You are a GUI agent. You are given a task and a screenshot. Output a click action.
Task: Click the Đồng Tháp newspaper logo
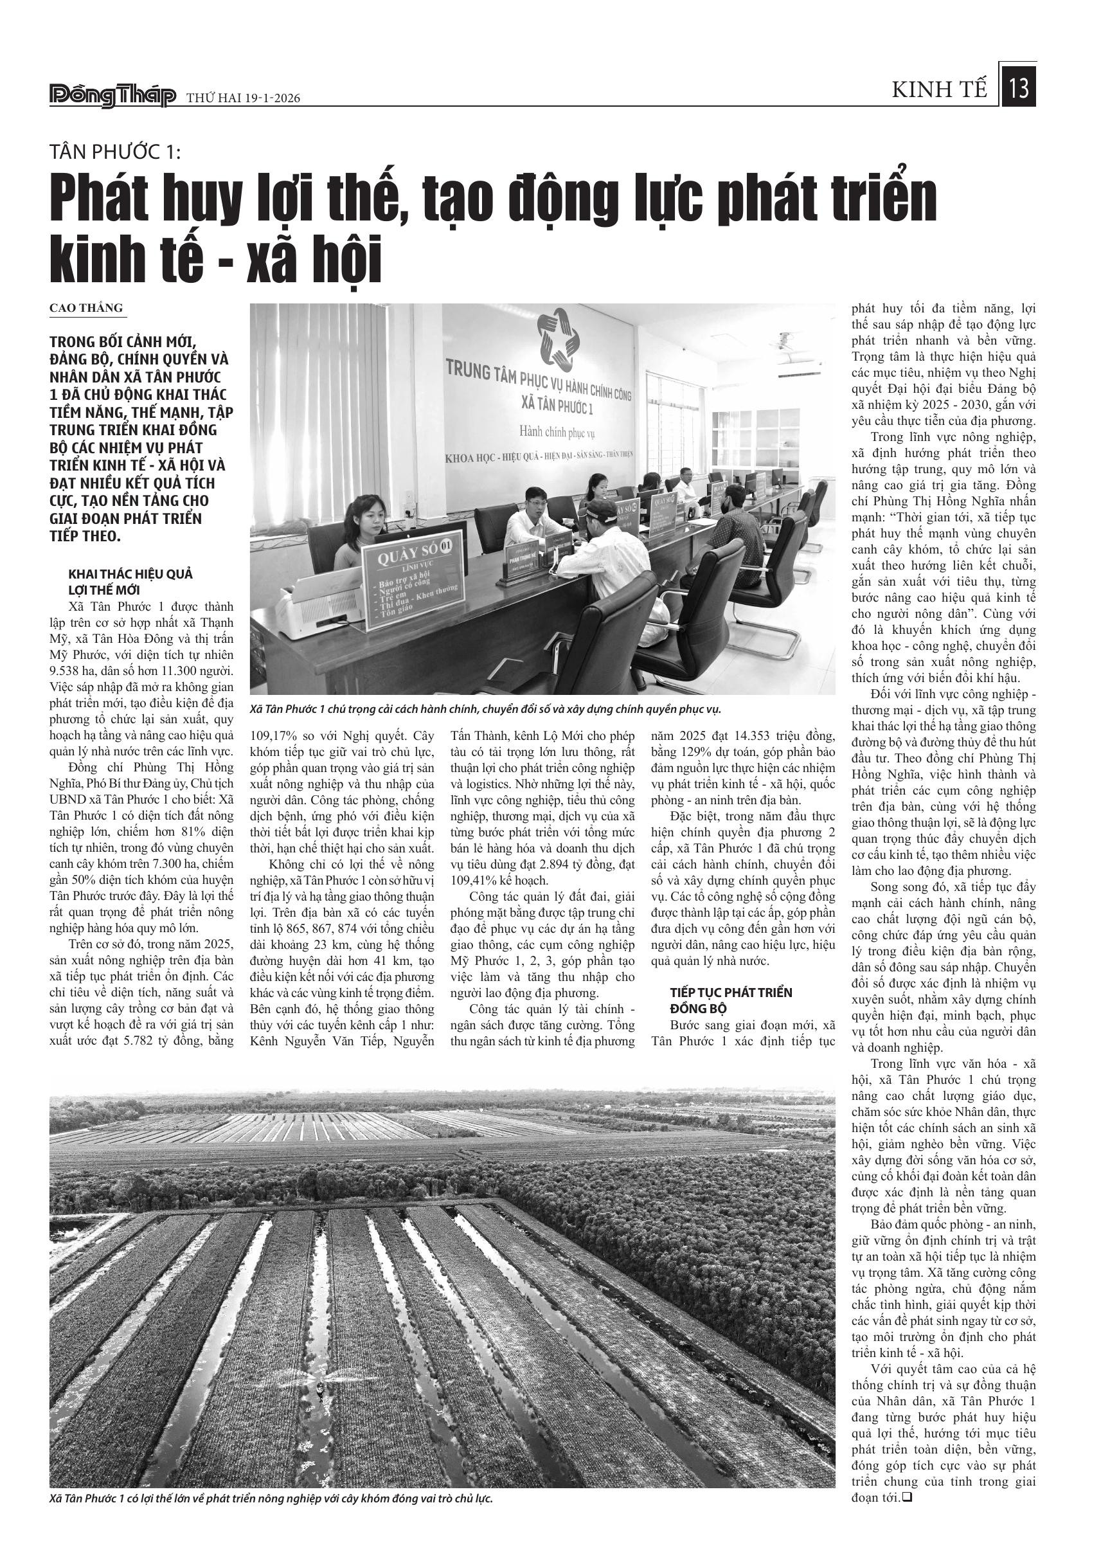(x=112, y=96)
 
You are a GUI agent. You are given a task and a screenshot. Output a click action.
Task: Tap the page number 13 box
(x=1019, y=88)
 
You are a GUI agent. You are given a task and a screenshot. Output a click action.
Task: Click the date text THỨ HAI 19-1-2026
(x=243, y=98)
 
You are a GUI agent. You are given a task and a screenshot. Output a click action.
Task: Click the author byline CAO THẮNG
(x=86, y=308)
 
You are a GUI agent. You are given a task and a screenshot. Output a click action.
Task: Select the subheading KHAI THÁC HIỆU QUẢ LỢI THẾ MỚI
(x=131, y=582)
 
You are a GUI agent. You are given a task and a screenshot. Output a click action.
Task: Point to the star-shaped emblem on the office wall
(x=558, y=336)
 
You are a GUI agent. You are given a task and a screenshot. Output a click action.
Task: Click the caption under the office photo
(x=485, y=709)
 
